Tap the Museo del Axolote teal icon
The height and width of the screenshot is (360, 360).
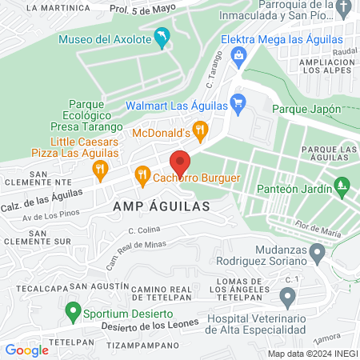(162, 37)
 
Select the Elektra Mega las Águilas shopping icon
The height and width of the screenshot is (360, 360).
(238, 54)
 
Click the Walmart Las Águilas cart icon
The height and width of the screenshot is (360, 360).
(237, 102)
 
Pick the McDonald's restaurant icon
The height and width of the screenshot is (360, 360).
(200, 128)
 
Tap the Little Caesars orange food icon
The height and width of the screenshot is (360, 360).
(100, 168)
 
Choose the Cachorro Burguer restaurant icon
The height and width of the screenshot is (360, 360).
(142, 174)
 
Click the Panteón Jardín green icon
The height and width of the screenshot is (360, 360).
(342, 186)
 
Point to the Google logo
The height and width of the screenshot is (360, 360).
(26, 350)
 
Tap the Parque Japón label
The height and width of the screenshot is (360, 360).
(307, 109)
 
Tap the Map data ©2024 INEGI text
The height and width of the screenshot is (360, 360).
(310, 353)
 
